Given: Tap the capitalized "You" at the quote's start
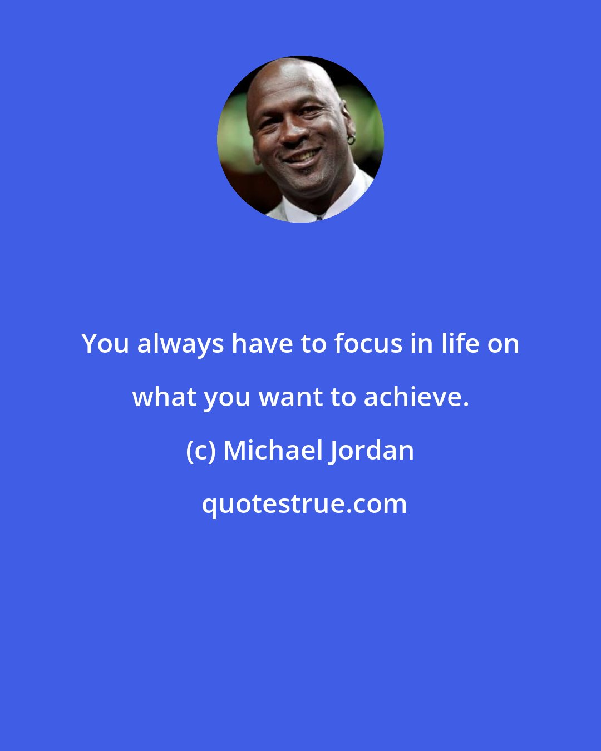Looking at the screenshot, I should point(106,344).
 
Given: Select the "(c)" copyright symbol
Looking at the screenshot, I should point(200,451).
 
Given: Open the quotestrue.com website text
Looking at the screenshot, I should point(304,504).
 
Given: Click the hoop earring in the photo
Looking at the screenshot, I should point(351,139).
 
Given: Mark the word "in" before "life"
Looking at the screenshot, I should point(420,344).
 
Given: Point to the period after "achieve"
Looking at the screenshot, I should point(465,404).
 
